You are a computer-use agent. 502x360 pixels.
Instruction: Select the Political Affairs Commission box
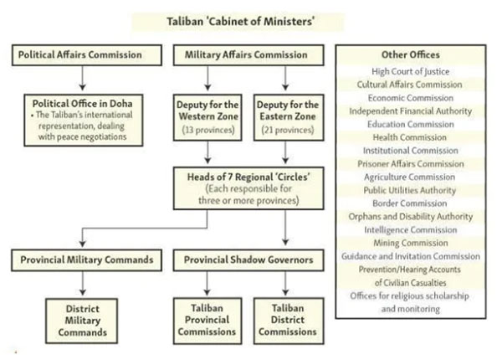(82, 56)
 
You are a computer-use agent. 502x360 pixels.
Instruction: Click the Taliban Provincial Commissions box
(209, 320)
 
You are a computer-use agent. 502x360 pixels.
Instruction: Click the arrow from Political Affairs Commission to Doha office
(82, 77)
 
